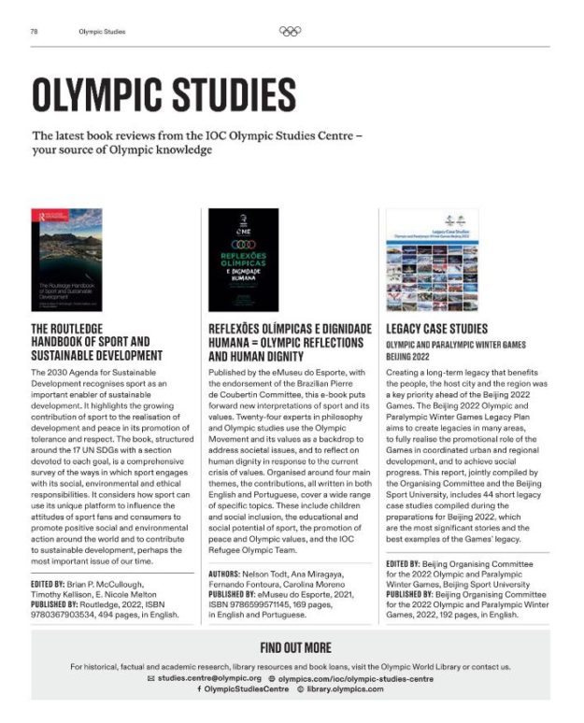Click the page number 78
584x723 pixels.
pyautogui.click(x=34, y=31)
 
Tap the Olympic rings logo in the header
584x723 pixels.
pyautogui.click(x=291, y=31)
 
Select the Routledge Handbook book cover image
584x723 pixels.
pyautogui.click(x=67, y=260)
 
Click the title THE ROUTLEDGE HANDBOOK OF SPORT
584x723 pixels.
pyautogui.click(x=97, y=342)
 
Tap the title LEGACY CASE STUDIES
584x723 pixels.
pyautogui.click(x=436, y=329)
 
